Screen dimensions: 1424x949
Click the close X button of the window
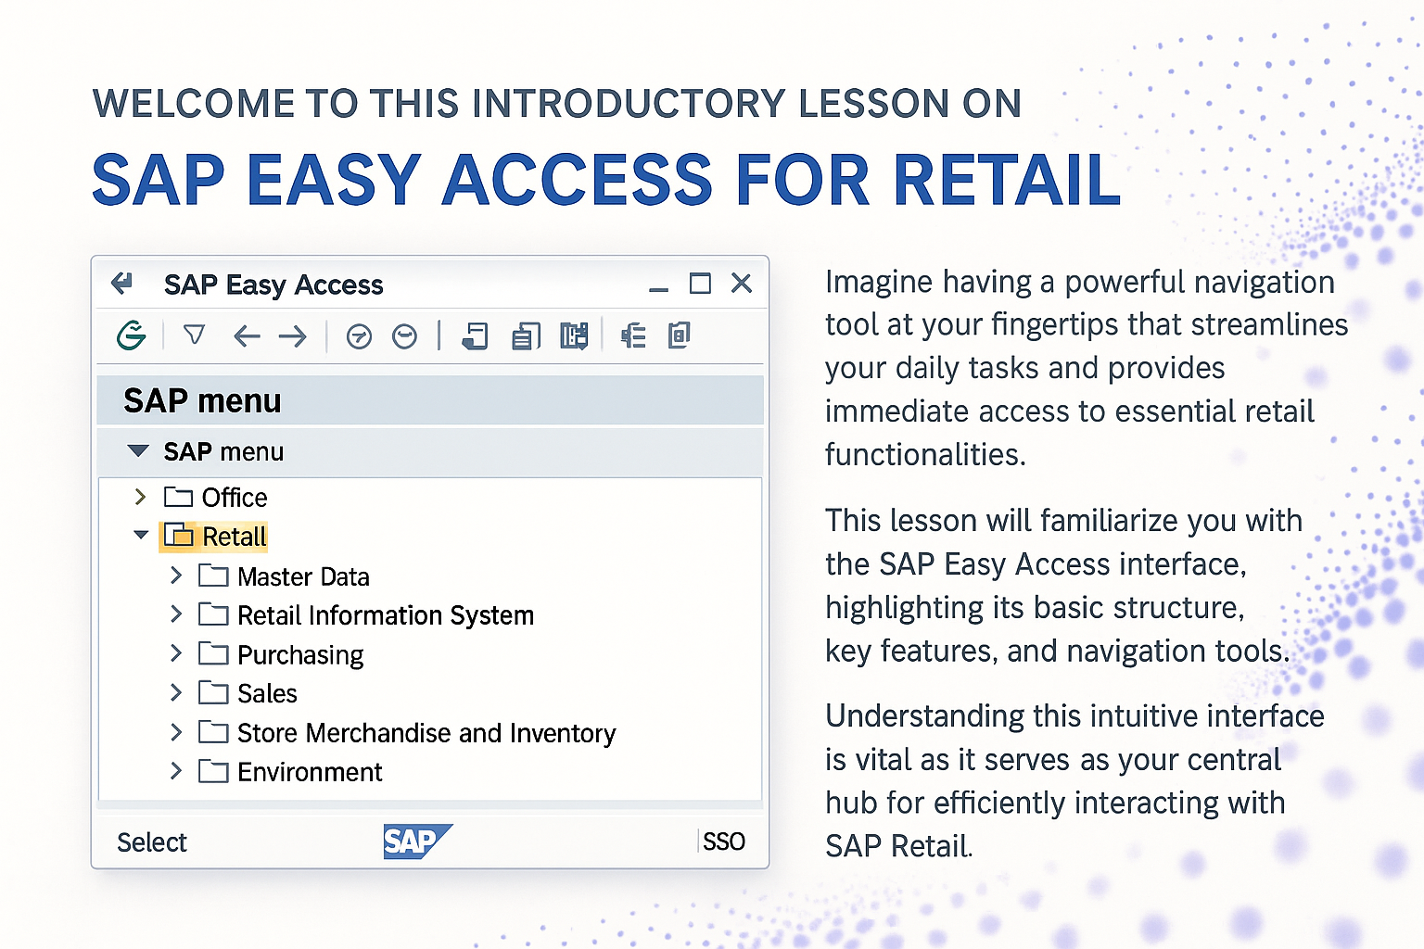tap(742, 283)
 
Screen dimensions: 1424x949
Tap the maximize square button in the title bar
tap(700, 283)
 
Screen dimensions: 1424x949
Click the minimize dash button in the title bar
tap(658, 290)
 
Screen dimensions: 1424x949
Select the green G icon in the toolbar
tap(132, 335)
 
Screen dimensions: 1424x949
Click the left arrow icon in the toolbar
tap(247, 335)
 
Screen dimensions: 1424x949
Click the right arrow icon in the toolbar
tap(292, 335)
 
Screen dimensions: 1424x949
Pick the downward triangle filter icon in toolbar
tap(194, 335)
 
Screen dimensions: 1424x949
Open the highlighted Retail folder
tap(213, 536)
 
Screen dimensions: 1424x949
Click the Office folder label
tap(235, 497)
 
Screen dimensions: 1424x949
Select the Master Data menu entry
tap(303, 576)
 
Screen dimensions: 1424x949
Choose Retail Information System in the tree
tap(386, 615)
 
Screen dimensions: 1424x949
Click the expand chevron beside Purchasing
tap(176, 652)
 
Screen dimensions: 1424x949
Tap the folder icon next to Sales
tap(213, 693)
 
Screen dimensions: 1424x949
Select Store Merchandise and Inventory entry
tap(426, 733)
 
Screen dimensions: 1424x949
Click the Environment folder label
tap(310, 772)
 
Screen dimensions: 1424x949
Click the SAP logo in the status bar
tap(418, 841)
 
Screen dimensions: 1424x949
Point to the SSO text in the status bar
tap(724, 841)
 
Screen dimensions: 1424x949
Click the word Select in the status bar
tap(152, 842)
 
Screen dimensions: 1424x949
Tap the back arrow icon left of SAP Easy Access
tap(121, 283)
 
